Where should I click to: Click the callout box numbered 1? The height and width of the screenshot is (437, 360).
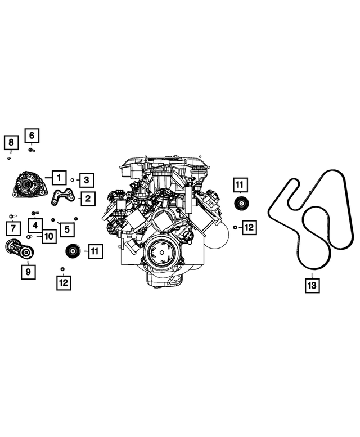[x=59, y=178]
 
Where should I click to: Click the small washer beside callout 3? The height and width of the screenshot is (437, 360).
[x=73, y=180]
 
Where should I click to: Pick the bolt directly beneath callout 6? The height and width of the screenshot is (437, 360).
[x=31, y=150]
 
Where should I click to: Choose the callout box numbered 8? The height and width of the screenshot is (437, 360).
[x=11, y=143]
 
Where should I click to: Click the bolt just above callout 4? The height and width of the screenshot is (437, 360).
[x=35, y=213]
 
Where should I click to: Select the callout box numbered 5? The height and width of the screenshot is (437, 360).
[x=66, y=228]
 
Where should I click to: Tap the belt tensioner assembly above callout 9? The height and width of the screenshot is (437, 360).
[x=19, y=249]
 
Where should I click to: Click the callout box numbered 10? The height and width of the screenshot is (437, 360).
[x=49, y=237]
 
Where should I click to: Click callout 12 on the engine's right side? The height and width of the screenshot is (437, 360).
[x=249, y=227]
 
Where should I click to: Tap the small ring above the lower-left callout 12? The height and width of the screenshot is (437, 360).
[x=63, y=268]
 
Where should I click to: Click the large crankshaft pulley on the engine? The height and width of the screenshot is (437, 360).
[x=161, y=253]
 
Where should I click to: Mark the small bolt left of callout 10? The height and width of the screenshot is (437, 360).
[x=29, y=237]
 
